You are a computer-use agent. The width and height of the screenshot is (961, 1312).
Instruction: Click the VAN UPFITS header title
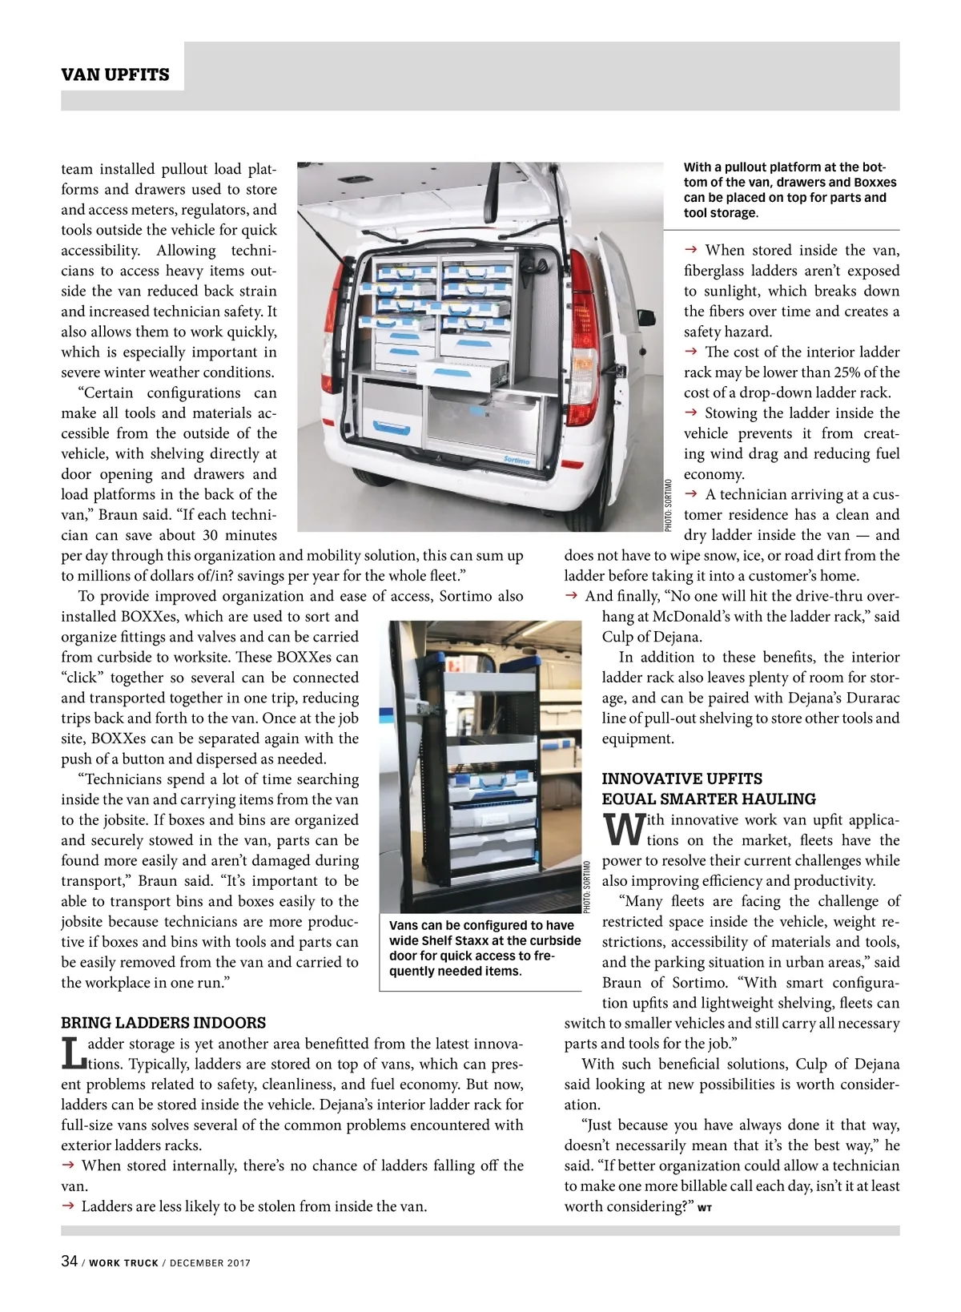[x=115, y=74]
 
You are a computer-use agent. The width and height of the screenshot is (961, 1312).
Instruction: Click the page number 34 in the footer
[x=69, y=1261]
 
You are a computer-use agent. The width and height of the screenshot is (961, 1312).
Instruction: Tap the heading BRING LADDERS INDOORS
[x=163, y=1023]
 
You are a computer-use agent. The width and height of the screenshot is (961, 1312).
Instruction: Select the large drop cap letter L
[x=74, y=1053]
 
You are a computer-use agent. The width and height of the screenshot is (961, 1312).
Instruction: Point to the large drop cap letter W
[x=622, y=830]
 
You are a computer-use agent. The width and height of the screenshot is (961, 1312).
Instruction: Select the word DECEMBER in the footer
[x=198, y=1263]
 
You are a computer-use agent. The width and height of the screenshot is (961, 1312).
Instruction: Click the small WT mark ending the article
[x=705, y=1208]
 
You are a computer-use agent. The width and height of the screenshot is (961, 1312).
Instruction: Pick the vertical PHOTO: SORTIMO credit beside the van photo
[x=668, y=505]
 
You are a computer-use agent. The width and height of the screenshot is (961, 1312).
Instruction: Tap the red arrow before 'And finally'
[x=572, y=596]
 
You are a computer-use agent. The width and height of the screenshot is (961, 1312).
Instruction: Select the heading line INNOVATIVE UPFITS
[x=682, y=779]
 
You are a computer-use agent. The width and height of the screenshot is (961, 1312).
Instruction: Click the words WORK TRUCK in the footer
[x=123, y=1263]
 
